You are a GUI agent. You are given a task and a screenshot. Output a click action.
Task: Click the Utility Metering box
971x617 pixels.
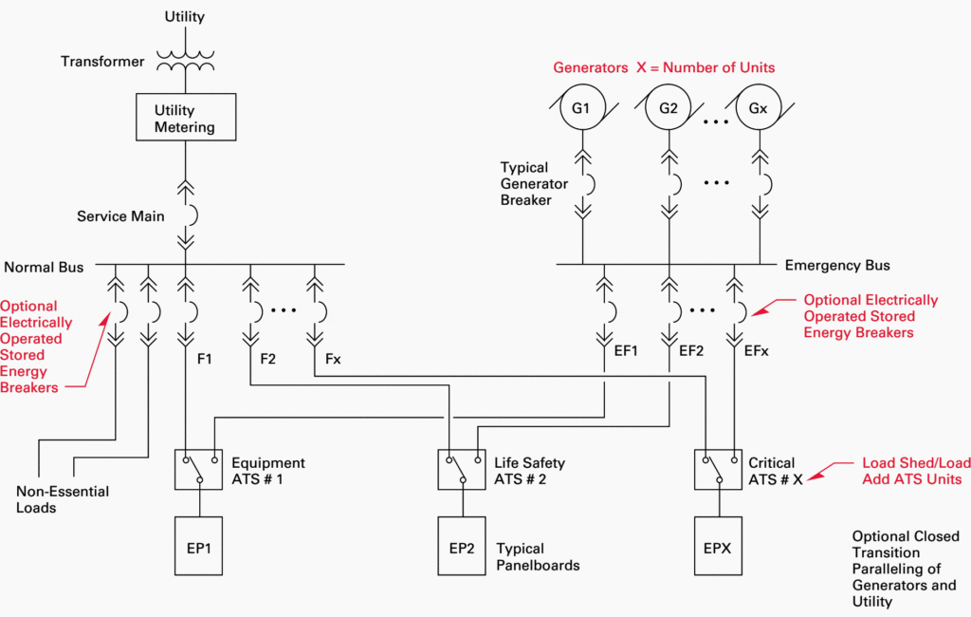pos(185,118)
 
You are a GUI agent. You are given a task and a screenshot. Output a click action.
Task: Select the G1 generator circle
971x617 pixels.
pos(580,108)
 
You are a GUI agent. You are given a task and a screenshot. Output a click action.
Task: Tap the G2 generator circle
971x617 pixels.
pos(669,108)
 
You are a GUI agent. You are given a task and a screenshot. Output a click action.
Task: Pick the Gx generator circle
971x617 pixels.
pos(758,108)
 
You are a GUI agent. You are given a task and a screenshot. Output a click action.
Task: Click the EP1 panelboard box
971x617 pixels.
pos(198,546)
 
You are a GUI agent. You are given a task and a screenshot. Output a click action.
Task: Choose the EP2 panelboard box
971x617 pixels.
pos(462,546)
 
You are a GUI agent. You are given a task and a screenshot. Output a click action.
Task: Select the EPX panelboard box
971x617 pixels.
pos(719,546)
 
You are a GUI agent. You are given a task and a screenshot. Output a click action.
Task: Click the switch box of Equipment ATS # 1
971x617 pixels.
pos(198,469)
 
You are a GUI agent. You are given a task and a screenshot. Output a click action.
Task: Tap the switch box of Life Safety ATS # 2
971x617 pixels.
pos(462,469)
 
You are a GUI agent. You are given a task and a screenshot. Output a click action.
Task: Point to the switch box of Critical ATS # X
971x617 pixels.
pos(719,469)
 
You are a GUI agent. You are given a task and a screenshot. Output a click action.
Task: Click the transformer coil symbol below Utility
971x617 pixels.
pos(185,61)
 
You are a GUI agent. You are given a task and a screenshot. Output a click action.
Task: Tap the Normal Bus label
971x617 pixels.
pos(44,268)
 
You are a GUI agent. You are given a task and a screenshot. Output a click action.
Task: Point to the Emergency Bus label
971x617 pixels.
pos(837,266)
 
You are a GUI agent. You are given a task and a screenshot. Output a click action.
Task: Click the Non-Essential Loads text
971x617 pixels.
pos(63,499)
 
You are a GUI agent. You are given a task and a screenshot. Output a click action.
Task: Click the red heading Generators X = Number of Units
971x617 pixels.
pos(664,67)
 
